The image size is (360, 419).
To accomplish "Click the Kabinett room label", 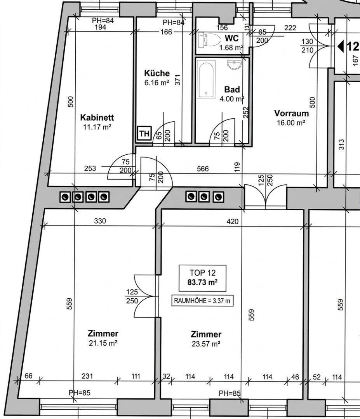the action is pyautogui.click(x=97, y=117).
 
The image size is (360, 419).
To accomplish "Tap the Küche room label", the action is pyautogui.click(x=157, y=73).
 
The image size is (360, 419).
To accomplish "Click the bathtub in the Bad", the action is pyautogui.click(x=206, y=80).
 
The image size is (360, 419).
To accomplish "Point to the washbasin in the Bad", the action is pyautogui.click(x=234, y=65).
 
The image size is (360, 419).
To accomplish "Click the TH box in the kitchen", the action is pyautogui.click(x=144, y=133).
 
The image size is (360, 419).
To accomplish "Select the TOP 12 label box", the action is pyautogui.click(x=202, y=278).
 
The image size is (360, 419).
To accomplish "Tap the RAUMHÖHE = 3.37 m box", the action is pyautogui.click(x=202, y=301).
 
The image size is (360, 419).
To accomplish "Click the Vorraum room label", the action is pyautogui.click(x=291, y=113).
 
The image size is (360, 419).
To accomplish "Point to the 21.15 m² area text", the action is pyautogui.click(x=103, y=343).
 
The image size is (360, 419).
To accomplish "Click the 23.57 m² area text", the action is pyautogui.click(x=206, y=344).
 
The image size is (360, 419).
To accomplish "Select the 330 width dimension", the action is pyautogui.click(x=100, y=221).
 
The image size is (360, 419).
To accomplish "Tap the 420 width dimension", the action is pyautogui.click(x=232, y=222).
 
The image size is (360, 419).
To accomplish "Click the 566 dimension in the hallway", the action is pyautogui.click(x=202, y=169).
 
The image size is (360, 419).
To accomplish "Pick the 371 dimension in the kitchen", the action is pyautogui.click(x=177, y=80).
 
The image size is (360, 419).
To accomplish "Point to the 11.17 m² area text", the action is pyautogui.click(x=97, y=127).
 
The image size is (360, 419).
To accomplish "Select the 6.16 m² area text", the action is pyautogui.click(x=157, y=83).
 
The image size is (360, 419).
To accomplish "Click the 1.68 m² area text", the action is pyautogui.click(x=231, y=48).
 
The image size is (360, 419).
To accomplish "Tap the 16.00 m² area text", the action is pyautogui.click(x=291, y=123).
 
